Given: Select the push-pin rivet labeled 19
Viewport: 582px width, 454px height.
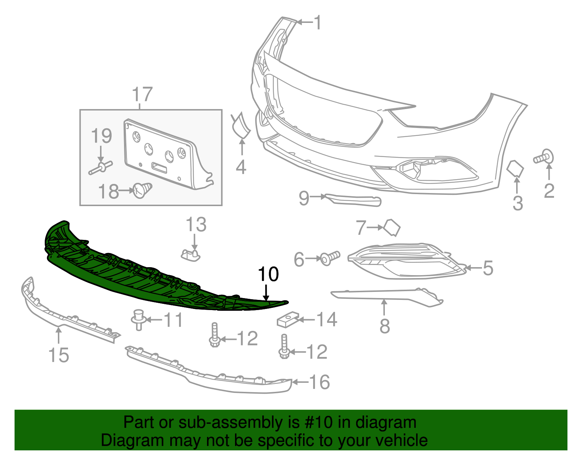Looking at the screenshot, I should [101, 168].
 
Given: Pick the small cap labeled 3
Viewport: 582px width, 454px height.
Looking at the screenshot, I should [515, 168].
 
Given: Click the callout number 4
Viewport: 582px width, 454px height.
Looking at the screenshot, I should [241, 167].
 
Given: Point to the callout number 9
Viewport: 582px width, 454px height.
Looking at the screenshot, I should [304, 198].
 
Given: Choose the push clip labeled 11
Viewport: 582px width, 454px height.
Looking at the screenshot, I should [139, 319].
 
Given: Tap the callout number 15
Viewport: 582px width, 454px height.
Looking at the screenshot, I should [59, 355].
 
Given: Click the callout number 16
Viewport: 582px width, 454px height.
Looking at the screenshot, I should [319, 382].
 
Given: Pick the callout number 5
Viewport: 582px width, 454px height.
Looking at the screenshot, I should [488, 268].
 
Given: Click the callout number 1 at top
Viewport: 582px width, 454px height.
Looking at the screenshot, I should [318, 23].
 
